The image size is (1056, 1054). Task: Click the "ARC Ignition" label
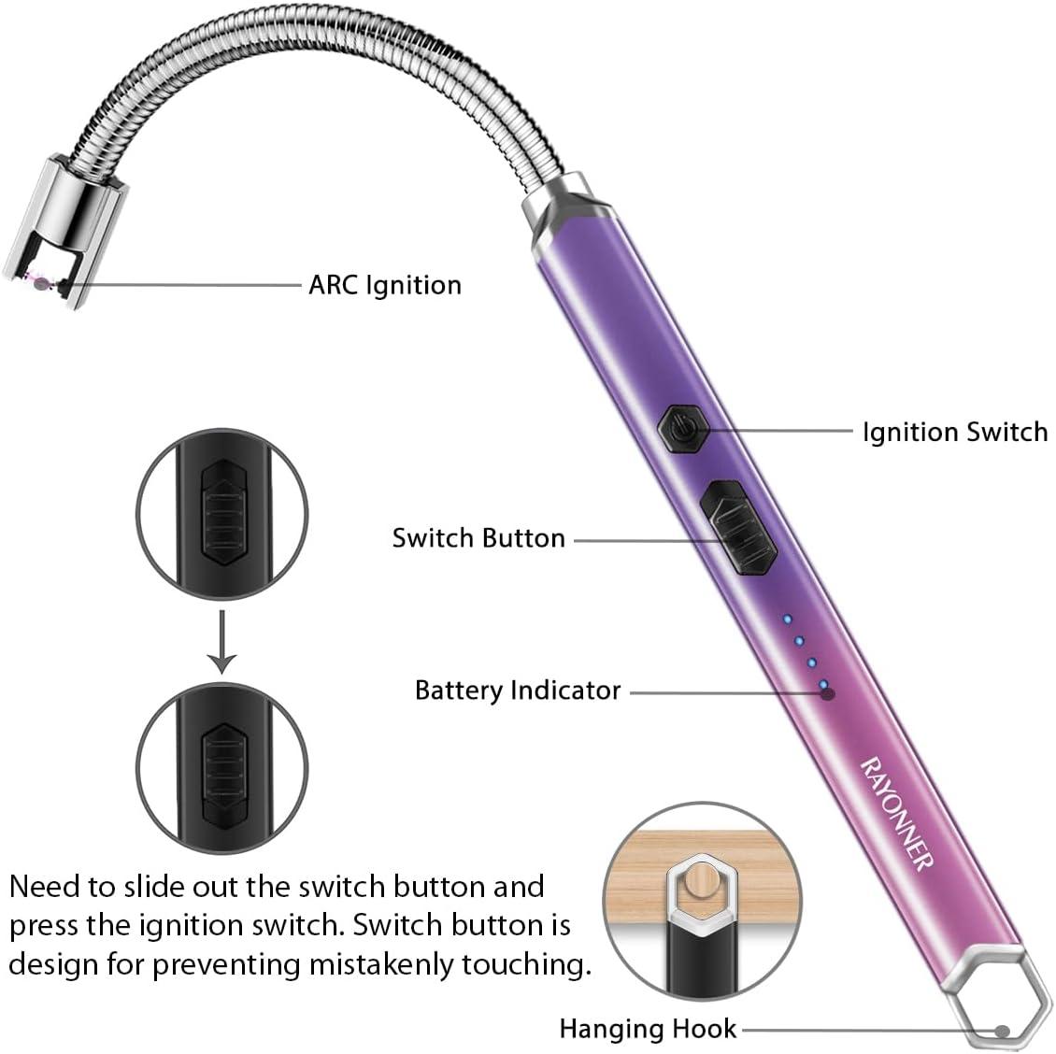(384, 285)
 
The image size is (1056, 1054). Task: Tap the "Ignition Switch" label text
(955, 432)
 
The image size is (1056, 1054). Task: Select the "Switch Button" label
(478, 538)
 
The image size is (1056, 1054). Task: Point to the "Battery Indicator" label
(517, 691)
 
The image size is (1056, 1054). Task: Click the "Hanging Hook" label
(648, 1029)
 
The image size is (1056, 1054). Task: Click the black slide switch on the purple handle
(738, 527)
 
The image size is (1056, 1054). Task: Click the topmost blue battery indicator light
(787, 619)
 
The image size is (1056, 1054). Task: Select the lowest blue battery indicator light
(823, 685)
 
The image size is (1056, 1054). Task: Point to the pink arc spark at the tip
(38, 283)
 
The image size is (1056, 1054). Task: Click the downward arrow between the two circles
(221, 641)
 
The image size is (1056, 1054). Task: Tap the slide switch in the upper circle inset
(223, 513)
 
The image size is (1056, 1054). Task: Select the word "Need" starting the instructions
(43, 887)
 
